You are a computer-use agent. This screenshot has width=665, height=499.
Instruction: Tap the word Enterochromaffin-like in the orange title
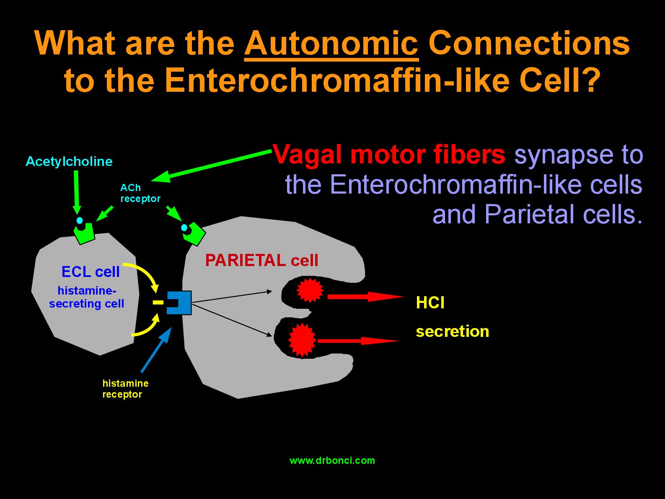tap(337, 80)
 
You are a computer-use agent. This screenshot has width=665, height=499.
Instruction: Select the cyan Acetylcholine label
tap(69, 162)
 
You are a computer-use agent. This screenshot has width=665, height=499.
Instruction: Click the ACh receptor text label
tap(140, 193)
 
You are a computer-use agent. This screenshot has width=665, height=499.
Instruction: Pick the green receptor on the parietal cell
tap(194, 234)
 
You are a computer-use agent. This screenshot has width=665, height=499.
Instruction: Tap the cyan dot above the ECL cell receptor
tap(80, 220)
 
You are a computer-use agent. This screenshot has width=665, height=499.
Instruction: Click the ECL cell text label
tap(91, 271)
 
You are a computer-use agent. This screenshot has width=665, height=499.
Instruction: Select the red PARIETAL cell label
tap(262, 260)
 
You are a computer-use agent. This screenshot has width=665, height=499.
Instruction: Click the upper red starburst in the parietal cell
tap(310, 290)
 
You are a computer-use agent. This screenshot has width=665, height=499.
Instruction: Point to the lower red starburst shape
tap(302, 340)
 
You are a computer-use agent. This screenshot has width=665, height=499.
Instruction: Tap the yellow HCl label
tap(430, 303)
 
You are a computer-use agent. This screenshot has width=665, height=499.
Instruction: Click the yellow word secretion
tap(452, 331)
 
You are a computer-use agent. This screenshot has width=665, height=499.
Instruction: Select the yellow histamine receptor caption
tap(125, 389)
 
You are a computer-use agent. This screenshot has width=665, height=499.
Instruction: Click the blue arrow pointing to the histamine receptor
tap(156, 350)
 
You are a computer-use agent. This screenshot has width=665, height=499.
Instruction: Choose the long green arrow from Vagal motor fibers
tap(212, 166)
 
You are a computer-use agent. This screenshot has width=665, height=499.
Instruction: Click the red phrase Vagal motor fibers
tap(389, 155)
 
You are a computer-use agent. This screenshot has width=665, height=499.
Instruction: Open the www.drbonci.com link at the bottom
tap(332, 460)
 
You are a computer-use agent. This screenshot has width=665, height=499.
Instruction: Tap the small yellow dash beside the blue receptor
tap(158, 302)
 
